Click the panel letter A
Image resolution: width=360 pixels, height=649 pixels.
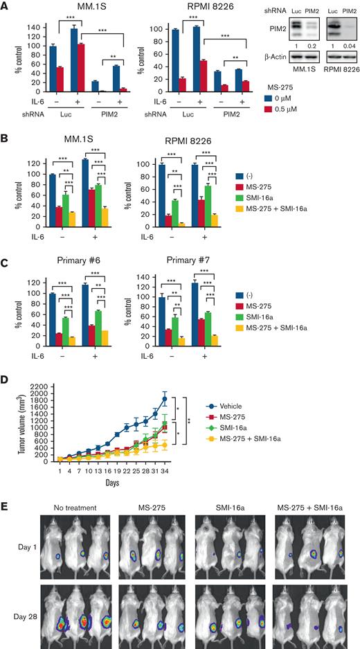[6, 6]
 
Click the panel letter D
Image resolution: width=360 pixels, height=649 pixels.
[6, 360]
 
